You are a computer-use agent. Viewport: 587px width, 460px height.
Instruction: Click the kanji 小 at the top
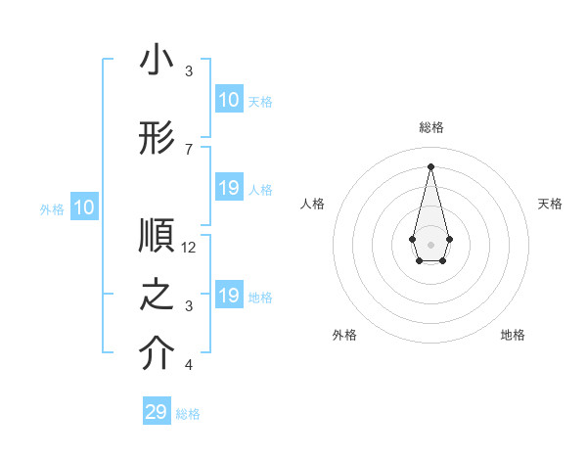[158, 61]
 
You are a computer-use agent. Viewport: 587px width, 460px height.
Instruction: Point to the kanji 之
[158, 296]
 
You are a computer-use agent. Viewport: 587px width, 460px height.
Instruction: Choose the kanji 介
[158, 354]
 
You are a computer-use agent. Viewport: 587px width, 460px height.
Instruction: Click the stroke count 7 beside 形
[189, 149]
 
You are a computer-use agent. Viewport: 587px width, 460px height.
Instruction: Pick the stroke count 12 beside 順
[190, 247]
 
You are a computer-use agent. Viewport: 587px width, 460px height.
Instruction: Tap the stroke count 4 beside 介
[189, 365]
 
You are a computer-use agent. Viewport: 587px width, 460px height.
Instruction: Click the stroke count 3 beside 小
[189, 70]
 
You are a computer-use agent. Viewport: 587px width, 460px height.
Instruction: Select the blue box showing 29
[157, 412]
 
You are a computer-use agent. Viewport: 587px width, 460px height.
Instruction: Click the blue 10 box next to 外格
[83, 207]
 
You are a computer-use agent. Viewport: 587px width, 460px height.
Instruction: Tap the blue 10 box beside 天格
[228, 99]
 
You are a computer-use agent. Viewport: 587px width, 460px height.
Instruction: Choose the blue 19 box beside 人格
[228, 188]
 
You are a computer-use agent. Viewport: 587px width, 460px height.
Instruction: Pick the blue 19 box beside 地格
[228, 296]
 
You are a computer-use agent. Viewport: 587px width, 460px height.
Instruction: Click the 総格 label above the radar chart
[430, 127]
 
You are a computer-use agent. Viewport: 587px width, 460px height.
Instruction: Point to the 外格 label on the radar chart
[344, 335]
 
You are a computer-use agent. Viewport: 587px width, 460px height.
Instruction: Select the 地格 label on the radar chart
[513, 335]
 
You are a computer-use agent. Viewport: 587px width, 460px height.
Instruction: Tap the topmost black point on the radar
[430, 165]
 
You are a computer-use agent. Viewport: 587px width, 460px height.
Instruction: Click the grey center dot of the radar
[430, 243]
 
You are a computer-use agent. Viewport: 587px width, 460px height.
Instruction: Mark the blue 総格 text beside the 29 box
[188, 414]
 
